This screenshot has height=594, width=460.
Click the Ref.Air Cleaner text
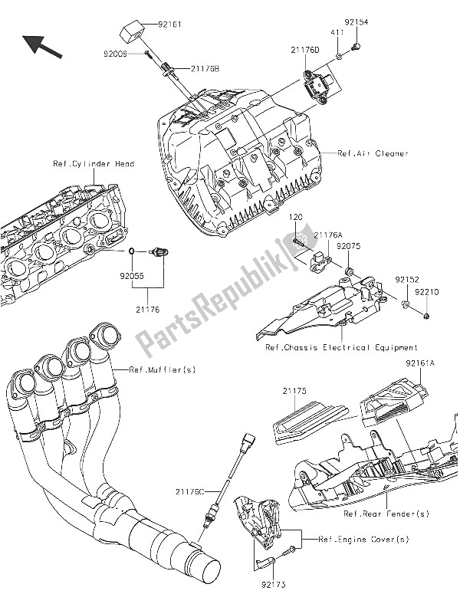point(373,153)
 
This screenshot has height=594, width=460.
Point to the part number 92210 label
point(428,292)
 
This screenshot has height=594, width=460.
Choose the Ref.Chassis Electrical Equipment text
point(342,347)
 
